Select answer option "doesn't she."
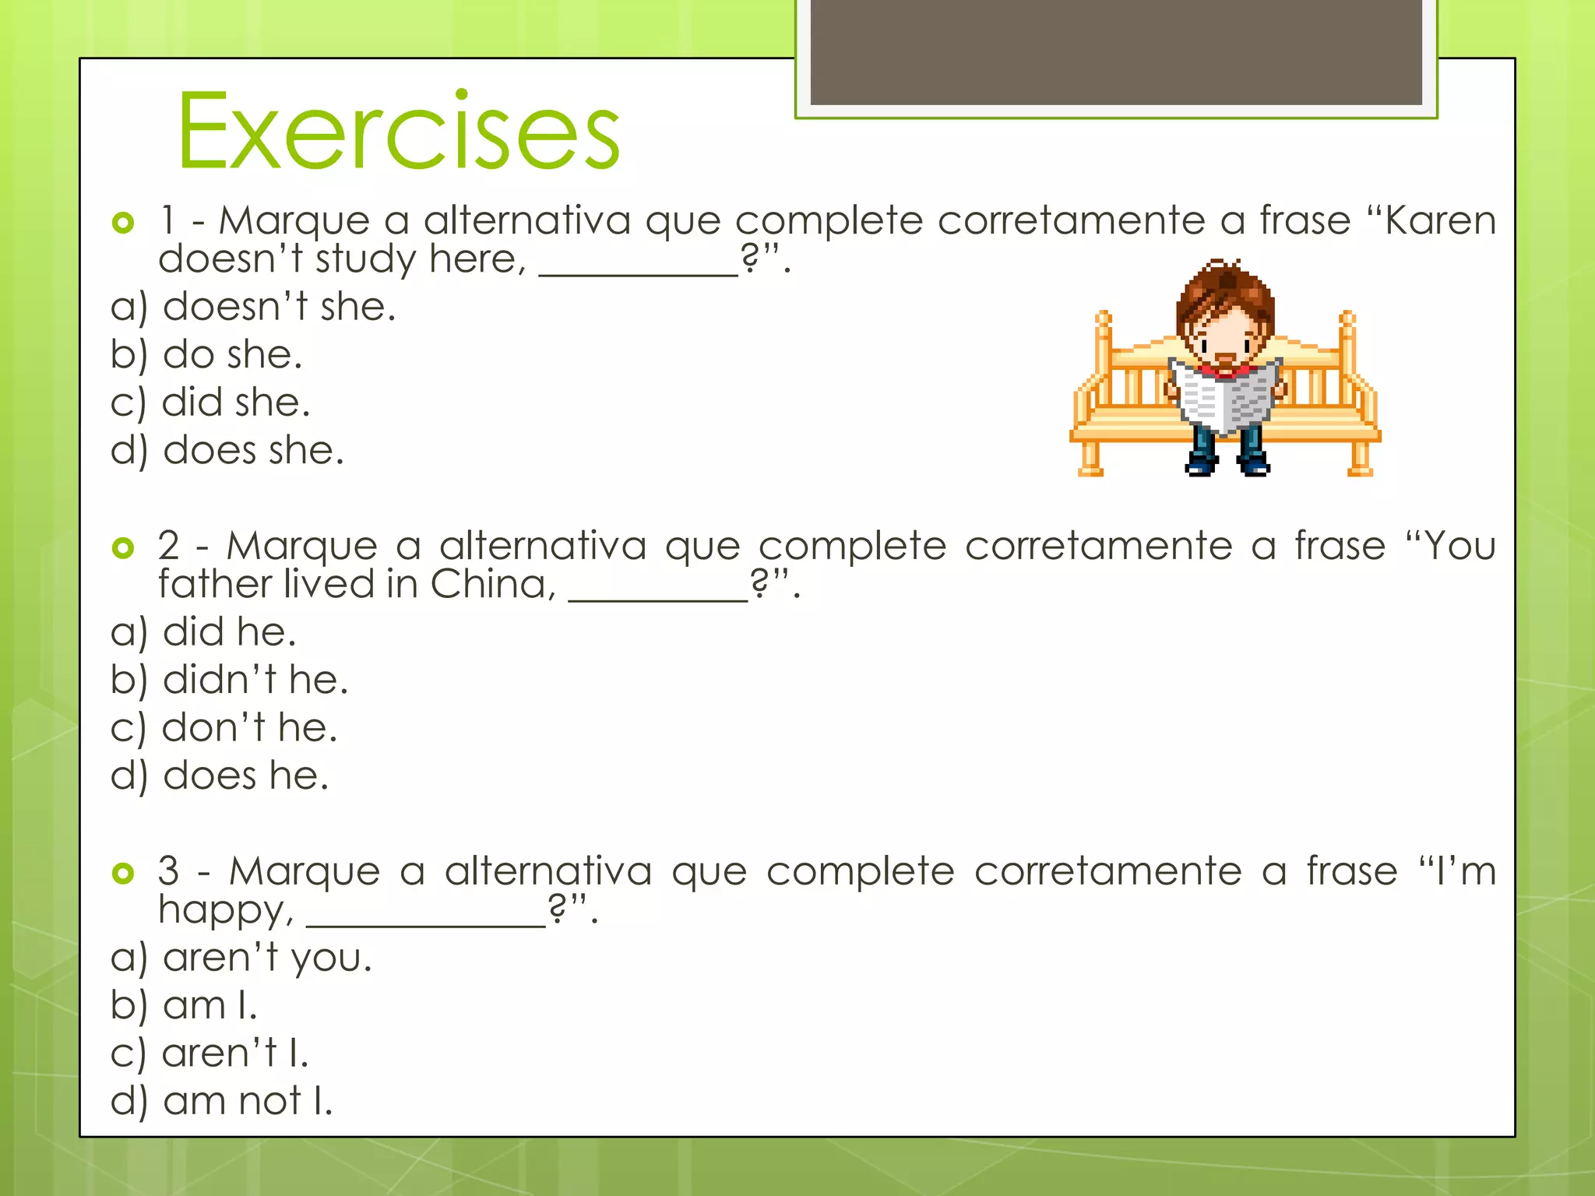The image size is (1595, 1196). (x=279, y=307)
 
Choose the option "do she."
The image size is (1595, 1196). (x=231, y=355)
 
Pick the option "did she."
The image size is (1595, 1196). (x=235, y=403)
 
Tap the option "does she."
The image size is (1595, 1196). (x=252, y=451)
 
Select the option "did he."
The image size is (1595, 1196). (x=229, y=631)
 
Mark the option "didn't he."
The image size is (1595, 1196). (x=255, y=680)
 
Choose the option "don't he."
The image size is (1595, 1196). (x=249, y=728)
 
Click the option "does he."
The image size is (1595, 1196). (x=245, y=776)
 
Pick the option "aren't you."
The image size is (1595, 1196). (x=267, y=957)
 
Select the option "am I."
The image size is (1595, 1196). (x=209, y=1005)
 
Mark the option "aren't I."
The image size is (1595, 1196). (x=234, y=1054)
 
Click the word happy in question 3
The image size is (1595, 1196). (x=225, y=909)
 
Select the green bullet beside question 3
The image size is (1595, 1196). (x=123, y=873)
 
